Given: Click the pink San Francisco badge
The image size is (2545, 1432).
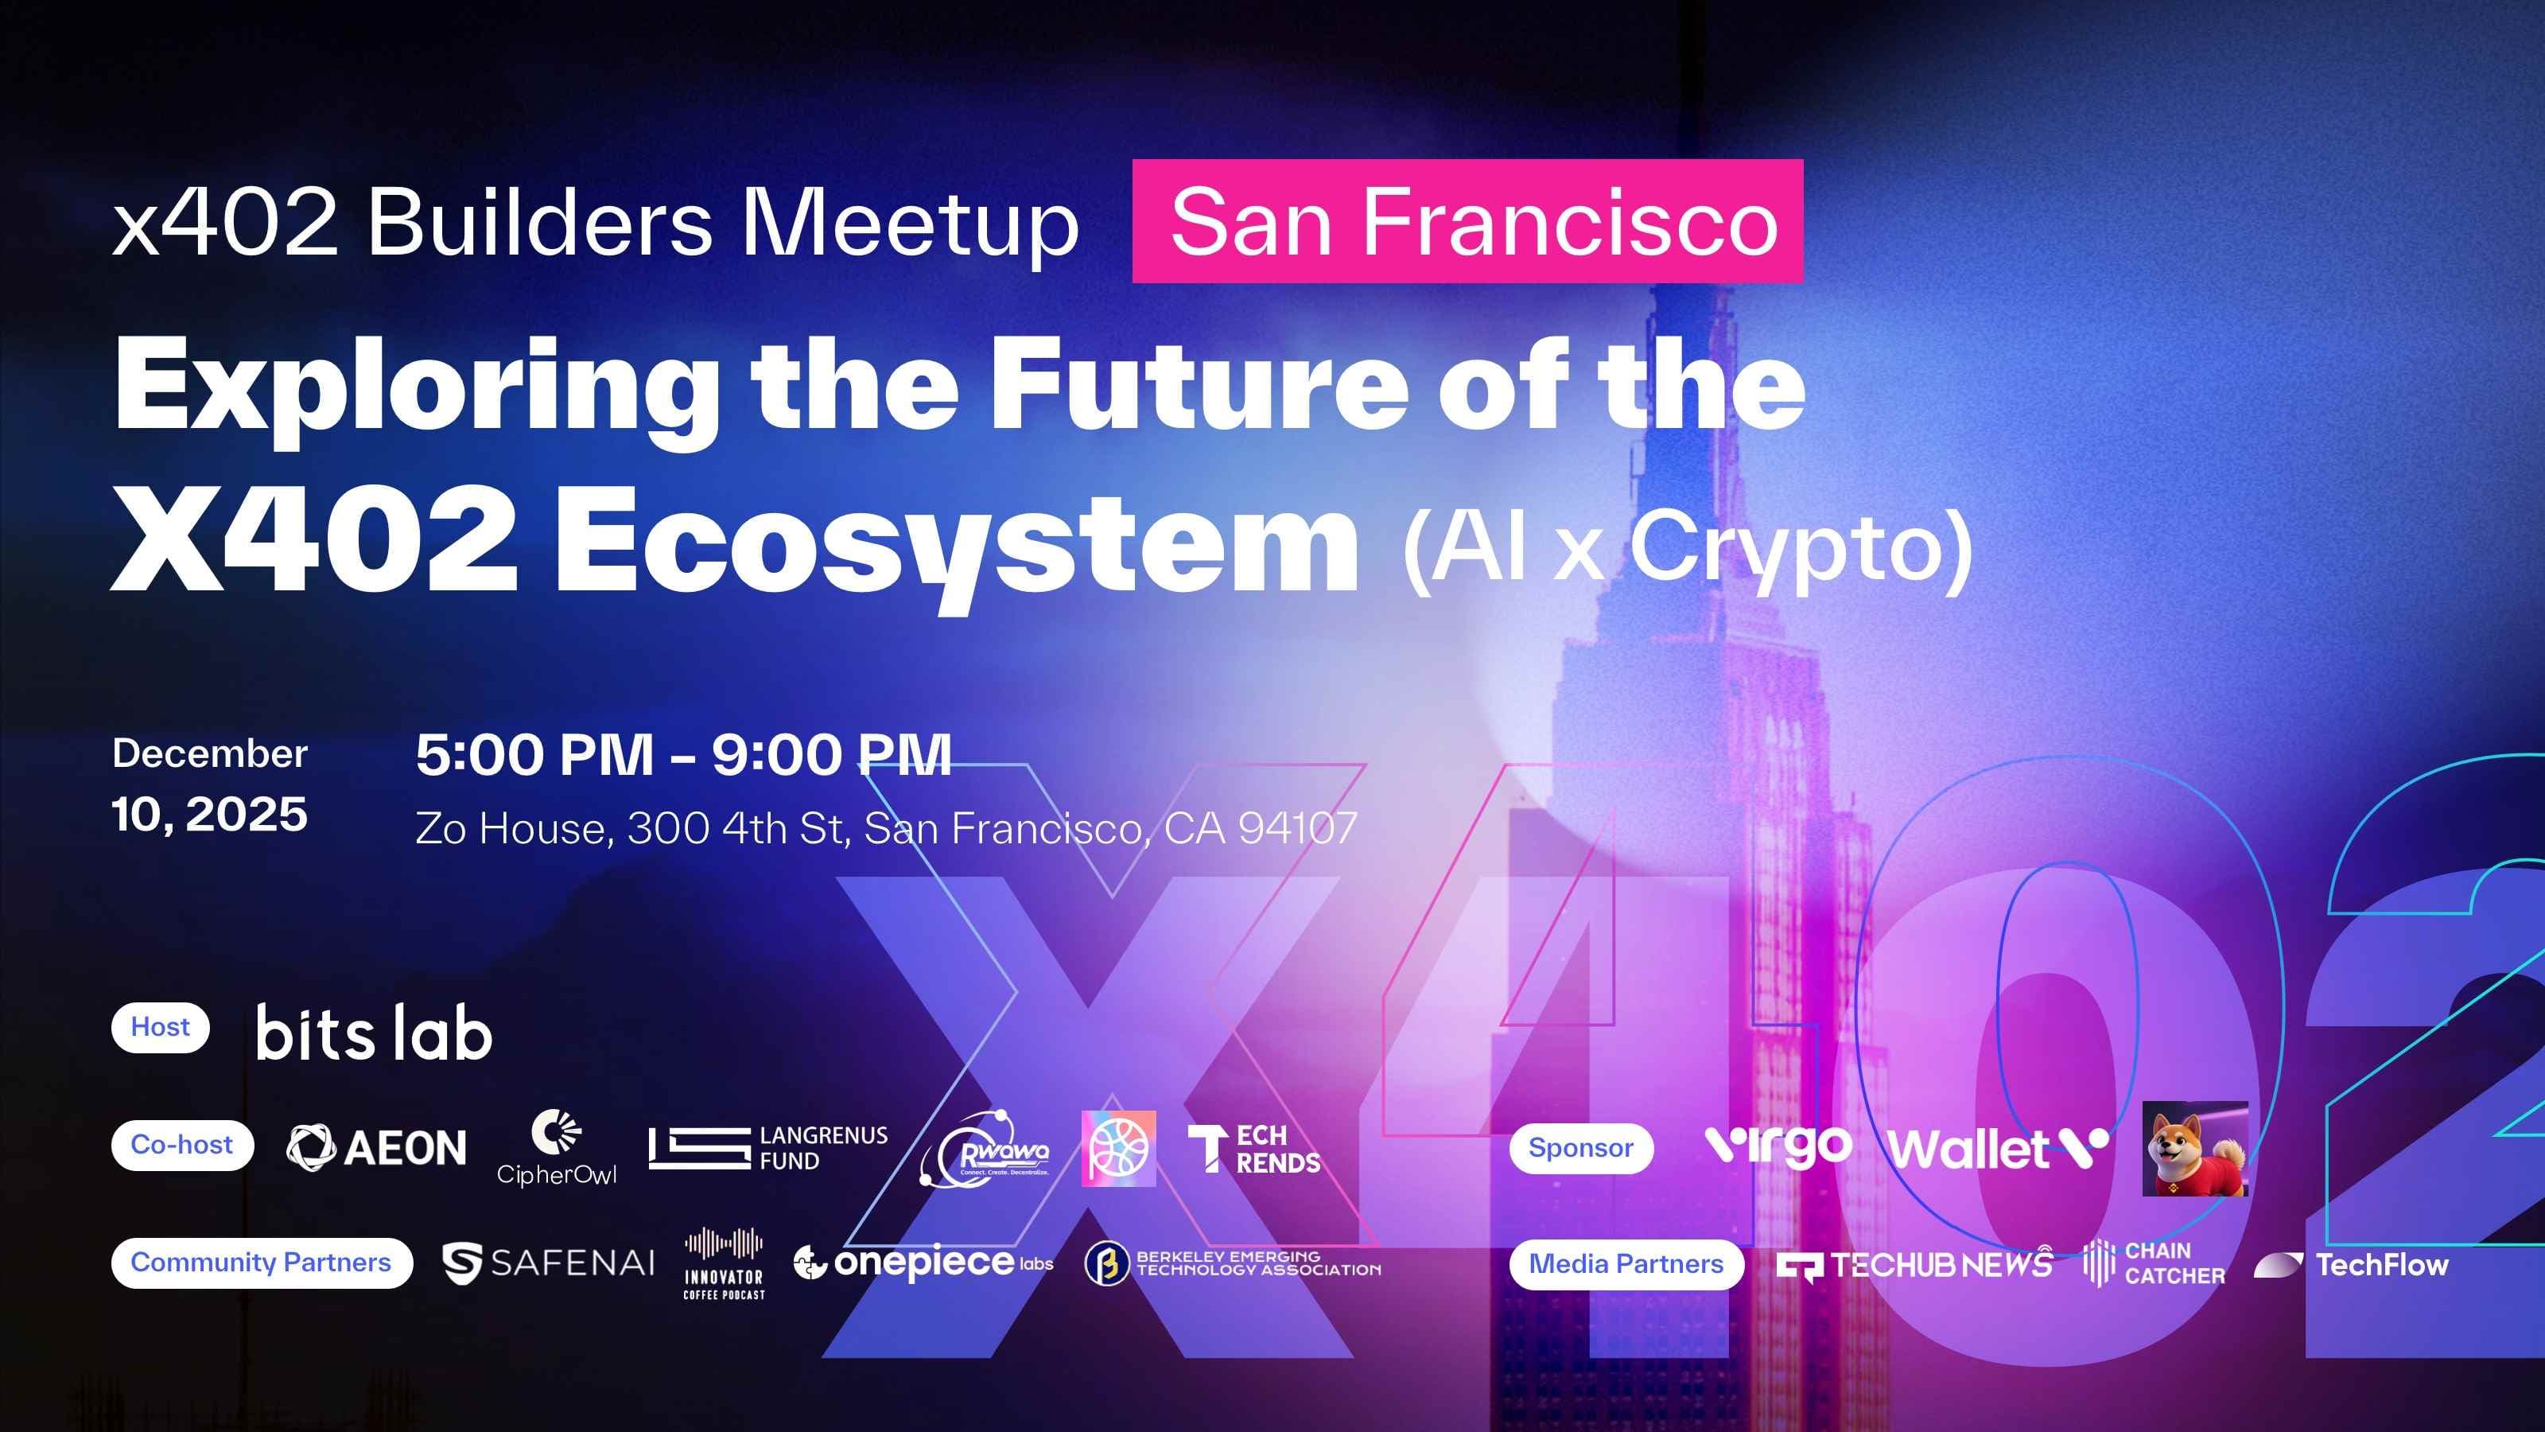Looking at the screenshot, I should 1467,221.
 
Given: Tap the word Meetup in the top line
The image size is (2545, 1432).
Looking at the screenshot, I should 910,224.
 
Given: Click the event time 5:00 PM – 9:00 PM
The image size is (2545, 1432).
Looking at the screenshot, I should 684,755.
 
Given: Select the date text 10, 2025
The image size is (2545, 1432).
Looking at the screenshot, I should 209,815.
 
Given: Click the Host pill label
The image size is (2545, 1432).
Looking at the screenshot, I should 160,1028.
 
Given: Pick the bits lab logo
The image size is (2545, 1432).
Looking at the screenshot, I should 374,1033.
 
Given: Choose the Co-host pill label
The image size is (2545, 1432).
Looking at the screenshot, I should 182,1146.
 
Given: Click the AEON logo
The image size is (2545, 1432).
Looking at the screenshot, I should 376,1147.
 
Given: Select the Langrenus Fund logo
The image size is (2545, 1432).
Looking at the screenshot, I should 767,1148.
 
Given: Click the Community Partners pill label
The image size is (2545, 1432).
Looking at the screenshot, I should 261,1263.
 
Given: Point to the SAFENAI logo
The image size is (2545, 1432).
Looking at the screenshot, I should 548,1263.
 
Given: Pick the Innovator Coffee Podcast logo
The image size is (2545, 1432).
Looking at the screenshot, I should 725,1263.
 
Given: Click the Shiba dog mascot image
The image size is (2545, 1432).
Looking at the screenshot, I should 2194,1148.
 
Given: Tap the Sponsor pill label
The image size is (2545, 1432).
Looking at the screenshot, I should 1581,1148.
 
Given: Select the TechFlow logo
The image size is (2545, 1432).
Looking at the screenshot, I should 2352,1265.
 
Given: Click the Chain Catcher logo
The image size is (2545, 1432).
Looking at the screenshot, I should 2154,1263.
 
